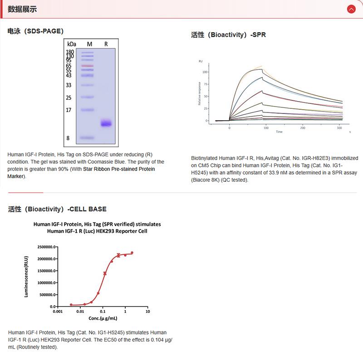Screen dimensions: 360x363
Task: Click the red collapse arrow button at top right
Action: click(351, 9)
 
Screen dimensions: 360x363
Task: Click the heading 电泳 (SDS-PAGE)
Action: click(35, 31)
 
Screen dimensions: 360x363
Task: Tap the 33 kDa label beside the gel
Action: click(69, 85)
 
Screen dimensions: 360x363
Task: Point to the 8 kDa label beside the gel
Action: click(68, 138)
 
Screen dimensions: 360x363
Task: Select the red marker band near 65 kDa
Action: click(88, 66)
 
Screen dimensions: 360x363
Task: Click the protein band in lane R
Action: click(106, 123)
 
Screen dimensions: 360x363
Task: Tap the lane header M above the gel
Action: click(89, 44)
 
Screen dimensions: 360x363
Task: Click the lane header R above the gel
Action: click(106, 44)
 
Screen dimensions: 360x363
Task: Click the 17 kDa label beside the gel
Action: click(69, 110)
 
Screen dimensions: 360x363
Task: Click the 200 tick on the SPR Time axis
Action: click(303, 128)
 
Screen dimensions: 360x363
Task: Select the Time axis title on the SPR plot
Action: click(279, 132)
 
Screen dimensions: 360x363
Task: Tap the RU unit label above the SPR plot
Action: click(201, 61)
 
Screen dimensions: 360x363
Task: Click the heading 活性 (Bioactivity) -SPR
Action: click(231, 35)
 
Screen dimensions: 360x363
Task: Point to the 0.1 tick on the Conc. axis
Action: click(103, 312)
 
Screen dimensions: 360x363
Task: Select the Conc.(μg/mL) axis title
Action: click(103, 318)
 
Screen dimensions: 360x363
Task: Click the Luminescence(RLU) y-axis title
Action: click(26, 277)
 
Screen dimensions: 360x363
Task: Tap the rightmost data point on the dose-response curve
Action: click(132, 253)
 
